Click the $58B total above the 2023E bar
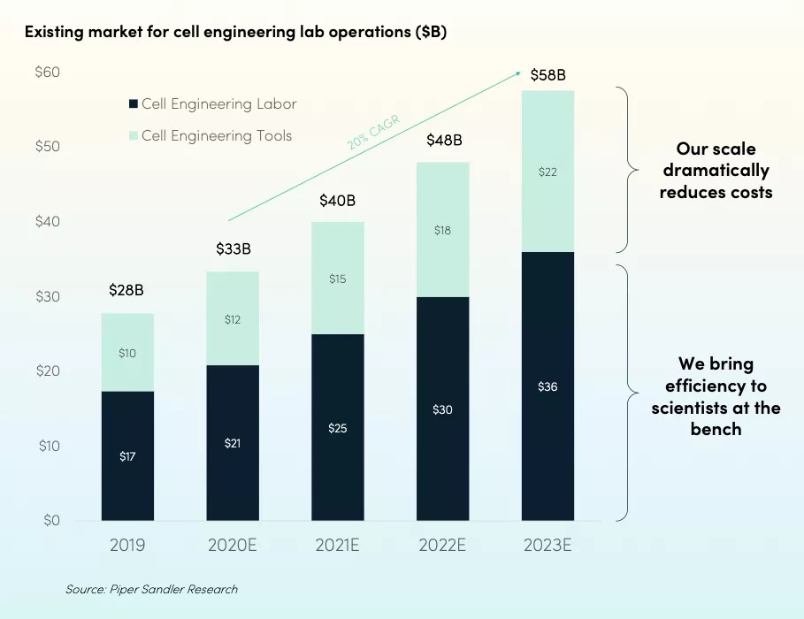pos(547,75)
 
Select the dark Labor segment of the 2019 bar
pos(127,455)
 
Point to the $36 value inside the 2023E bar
pos(547,386)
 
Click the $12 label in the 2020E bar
pos(233,319)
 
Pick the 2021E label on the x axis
pos(337,545)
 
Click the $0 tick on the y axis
pos(50,520)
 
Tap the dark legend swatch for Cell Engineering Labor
pos(134,104)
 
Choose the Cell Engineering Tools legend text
pos(217,135)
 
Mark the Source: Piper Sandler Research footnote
pos(151,589)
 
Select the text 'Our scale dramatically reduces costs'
pos(716,170)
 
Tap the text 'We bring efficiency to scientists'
pos(716,396)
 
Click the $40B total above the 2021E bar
pos(337,201)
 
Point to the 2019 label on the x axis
pos(127,545)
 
